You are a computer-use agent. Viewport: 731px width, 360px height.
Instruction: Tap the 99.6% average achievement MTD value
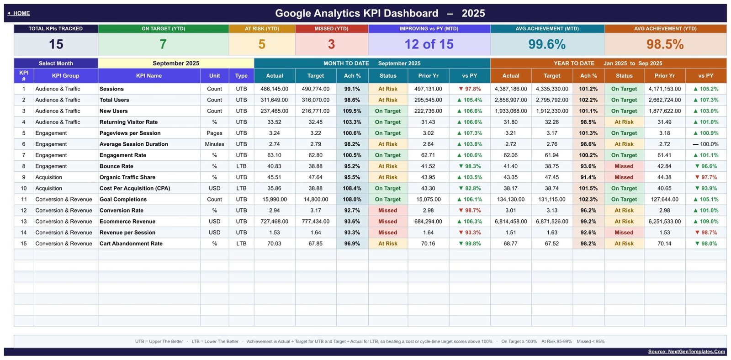547,44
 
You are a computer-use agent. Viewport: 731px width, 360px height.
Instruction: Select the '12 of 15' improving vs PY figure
429,44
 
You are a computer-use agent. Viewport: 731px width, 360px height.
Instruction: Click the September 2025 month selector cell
176,64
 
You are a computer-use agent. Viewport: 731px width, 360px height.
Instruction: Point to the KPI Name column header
149,76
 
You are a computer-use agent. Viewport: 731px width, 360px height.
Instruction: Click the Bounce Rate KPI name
117,166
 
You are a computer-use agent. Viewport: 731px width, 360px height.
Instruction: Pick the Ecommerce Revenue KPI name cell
127,221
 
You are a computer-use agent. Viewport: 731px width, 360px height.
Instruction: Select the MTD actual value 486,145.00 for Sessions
274,89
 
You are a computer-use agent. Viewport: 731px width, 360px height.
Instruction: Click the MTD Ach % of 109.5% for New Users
352,111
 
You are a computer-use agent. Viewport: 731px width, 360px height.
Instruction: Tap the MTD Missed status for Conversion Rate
388,211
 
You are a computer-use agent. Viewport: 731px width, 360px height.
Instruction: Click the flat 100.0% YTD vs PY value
705,144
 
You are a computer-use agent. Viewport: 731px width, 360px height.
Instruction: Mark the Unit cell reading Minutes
214,144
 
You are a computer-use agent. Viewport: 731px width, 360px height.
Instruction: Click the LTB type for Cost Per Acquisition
241,188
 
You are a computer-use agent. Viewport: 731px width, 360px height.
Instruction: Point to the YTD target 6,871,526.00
552,221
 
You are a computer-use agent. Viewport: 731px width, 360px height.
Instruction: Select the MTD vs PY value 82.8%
470,188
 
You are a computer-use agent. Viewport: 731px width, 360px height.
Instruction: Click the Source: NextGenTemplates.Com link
687,351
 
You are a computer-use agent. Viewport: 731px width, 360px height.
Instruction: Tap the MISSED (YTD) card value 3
331,44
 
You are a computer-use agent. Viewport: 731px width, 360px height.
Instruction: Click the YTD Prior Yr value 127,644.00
664,200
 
